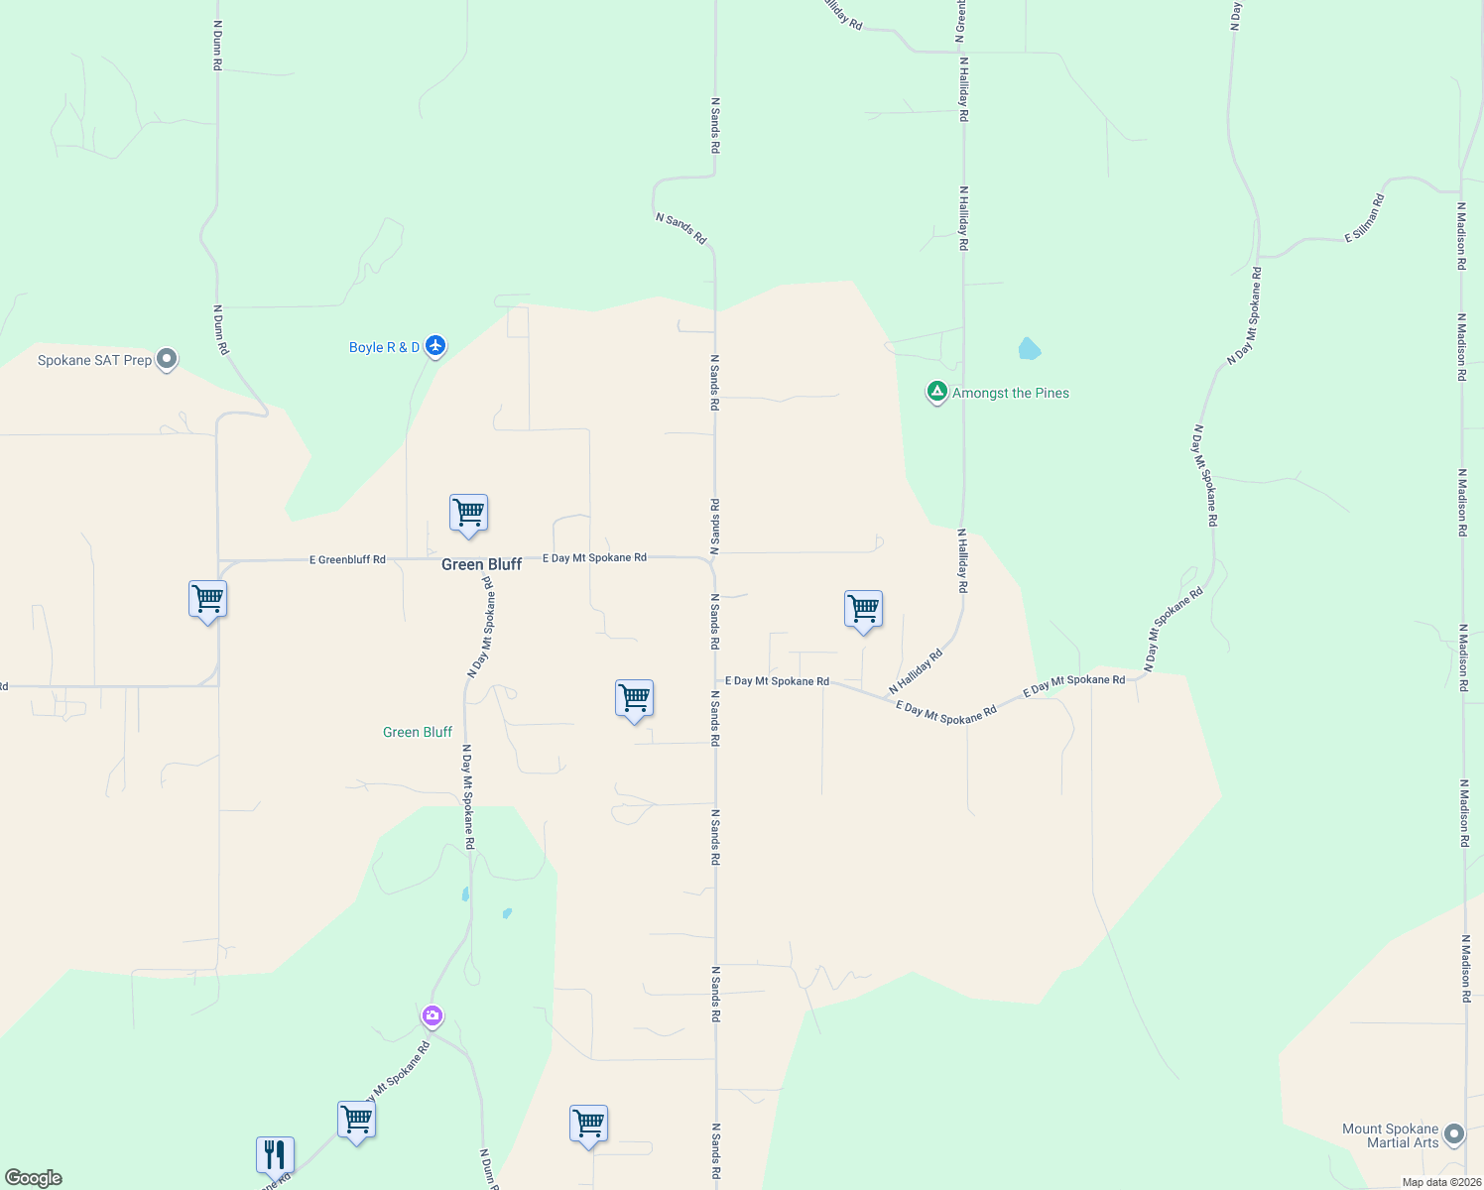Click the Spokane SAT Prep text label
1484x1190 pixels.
(x=94, y=360)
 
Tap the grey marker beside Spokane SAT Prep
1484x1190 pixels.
(x=167, y=359)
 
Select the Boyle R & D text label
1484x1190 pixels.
(x=384, y=347)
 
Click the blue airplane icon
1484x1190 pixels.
(x=435, y=346)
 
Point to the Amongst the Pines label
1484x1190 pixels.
(x=1011, y=393)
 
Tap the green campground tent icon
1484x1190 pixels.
(x=936, y=392)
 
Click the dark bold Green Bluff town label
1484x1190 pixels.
(x=481, y=564)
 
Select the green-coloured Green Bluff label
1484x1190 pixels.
(x=418, y=732)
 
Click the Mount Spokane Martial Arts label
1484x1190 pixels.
(x=1390, y=1135)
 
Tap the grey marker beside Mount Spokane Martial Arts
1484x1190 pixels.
(x=1454, y=1133)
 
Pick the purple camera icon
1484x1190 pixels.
(x=432, y=1015)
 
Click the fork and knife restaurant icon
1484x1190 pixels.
(x=275, y=1154)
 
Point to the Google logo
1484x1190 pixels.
(x=34, y=1178)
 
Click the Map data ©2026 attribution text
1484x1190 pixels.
(x=1440, y=1182)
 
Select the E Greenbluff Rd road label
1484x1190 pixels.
(x=347, y=560)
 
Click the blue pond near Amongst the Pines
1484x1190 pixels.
(x=1029, y=349)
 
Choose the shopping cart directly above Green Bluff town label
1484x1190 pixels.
(x=468, y=514)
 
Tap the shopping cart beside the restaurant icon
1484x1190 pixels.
(x=356, y=1120)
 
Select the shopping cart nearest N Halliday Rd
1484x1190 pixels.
(x=863, y=609)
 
